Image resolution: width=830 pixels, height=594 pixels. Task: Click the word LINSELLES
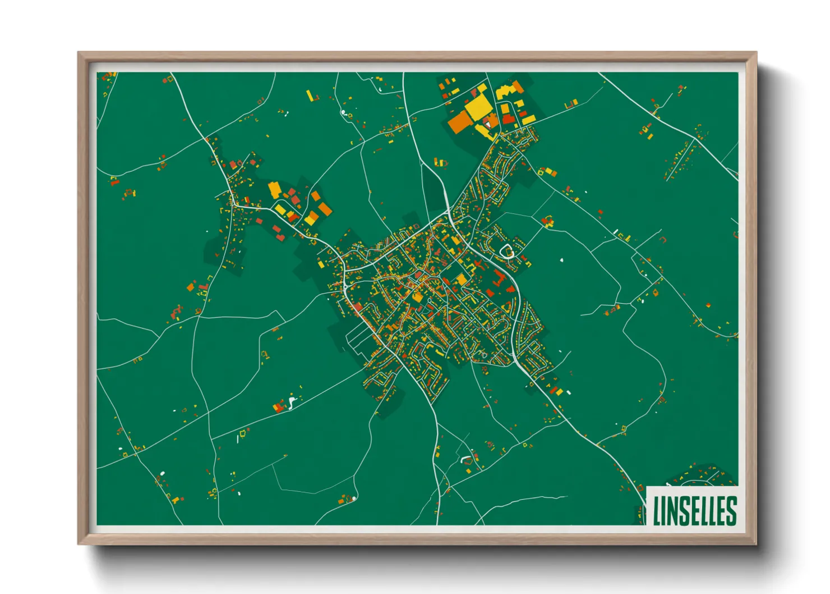(694, 510)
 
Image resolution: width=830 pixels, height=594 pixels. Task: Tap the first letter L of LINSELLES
(657, 510)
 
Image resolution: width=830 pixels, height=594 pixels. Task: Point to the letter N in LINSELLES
(675, 510)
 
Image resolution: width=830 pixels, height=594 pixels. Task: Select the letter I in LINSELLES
(665, 510)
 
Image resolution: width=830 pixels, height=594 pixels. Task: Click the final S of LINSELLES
(731, 510)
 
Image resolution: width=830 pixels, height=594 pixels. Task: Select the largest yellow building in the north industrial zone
(478, 107)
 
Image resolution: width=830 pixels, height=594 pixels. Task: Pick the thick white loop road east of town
(506, 251)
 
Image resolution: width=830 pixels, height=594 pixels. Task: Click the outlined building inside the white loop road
(507, 252)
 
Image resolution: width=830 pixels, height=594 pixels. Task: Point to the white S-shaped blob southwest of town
(291, 402)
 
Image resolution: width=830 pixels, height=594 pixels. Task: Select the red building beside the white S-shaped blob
(279, 406)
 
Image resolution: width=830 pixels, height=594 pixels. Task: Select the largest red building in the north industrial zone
(508, 118)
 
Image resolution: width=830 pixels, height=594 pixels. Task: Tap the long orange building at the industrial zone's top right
(518, 87)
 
